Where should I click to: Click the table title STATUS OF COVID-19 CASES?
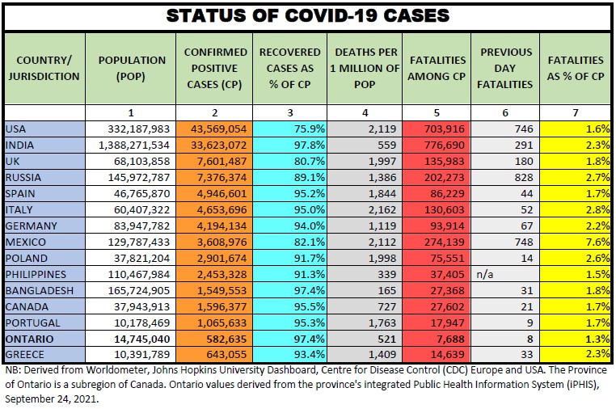[x=307, y=15]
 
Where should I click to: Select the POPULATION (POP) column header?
[x=131, y=68]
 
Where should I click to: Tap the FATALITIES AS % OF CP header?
[x=576, y=68]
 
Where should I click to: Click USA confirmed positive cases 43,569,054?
[x=214, y=129]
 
